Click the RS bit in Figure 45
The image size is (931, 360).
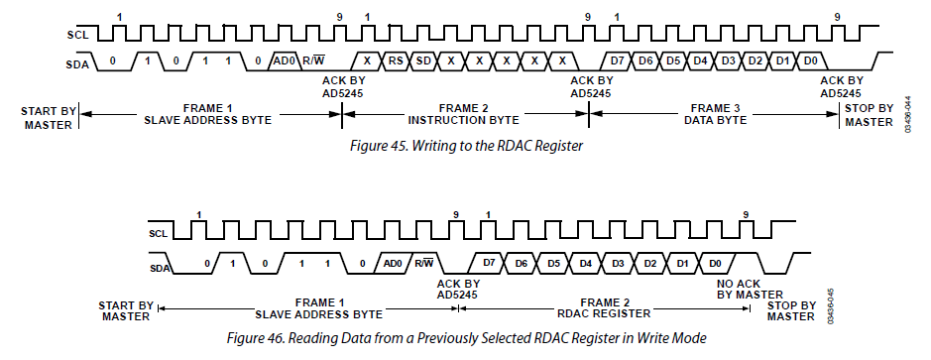click(x=395, y=61)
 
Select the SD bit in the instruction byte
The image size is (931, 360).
click(x=423, y=61)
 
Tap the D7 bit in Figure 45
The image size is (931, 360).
click(x=618, y=61)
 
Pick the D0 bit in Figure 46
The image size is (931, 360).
click(x=716, y=263)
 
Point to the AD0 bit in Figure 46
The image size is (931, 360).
click(x=393, y=263)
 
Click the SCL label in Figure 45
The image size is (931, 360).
click(x=77, y=35)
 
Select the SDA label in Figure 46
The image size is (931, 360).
click(x=160, y=268)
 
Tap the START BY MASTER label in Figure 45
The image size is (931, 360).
click(x=49, y=118)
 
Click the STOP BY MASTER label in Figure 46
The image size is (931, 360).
click(x=790, y=311)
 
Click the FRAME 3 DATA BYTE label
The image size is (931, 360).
click(x=715, y=114)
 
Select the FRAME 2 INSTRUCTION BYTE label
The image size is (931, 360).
click(x=463, y=114)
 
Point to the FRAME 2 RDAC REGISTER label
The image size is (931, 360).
click(x=605, y=307)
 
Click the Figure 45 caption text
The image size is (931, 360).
click(x=466, y=146)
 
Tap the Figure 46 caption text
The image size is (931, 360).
click(x=467, y=338)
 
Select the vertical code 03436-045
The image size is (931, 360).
click(x=830, y=306)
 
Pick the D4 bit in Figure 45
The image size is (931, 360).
click(x=701, y=61)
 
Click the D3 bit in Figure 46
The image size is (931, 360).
click(x=618, y=263)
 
